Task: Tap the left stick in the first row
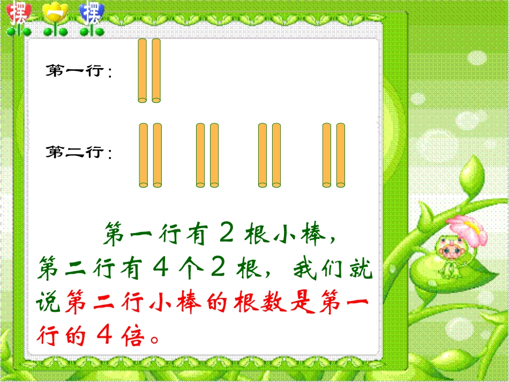pos(143,70)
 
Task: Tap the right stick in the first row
pos(156,70)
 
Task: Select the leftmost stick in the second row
pos(143,155)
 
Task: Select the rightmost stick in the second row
pos(340,155)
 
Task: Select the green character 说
pos(49,303)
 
